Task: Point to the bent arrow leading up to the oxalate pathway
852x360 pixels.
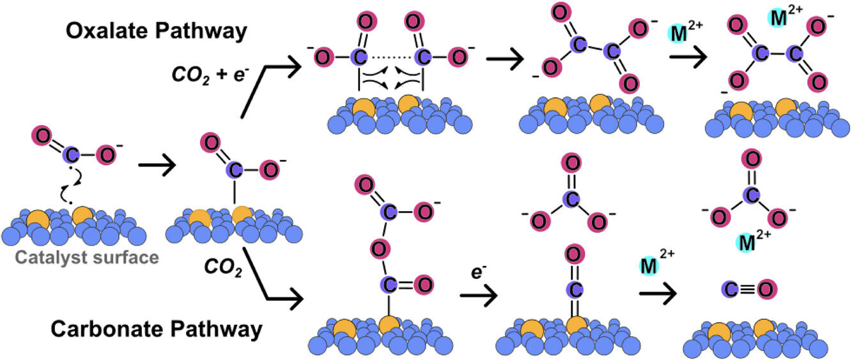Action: tap(268, 86)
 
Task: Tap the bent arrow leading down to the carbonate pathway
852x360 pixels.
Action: tap(268, 275)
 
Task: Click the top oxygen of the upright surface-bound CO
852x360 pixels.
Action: tap(573, 254)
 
